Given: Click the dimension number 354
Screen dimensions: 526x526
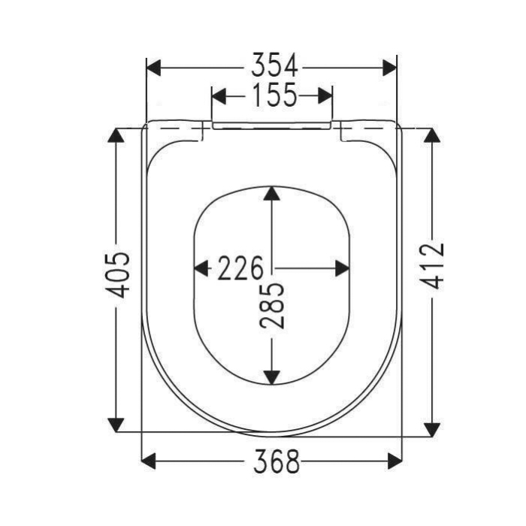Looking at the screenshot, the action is pos(274,65).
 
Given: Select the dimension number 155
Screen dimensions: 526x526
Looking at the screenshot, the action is pos(274,95).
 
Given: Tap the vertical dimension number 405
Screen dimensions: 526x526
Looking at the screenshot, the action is pos(117,275).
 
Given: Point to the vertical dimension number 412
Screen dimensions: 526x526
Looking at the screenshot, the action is pos(432,266).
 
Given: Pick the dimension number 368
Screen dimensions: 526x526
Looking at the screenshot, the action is pos(276,461).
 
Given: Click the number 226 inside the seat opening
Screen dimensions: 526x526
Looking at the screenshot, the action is pos(240,268).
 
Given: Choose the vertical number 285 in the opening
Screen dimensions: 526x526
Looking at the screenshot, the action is pos(272,306).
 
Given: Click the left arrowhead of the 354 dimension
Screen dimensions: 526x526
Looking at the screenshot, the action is pos(154,68).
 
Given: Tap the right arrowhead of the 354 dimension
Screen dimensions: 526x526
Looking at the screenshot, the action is pos(389,68).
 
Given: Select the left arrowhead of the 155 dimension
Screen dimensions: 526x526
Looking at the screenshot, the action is pos(219,96).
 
